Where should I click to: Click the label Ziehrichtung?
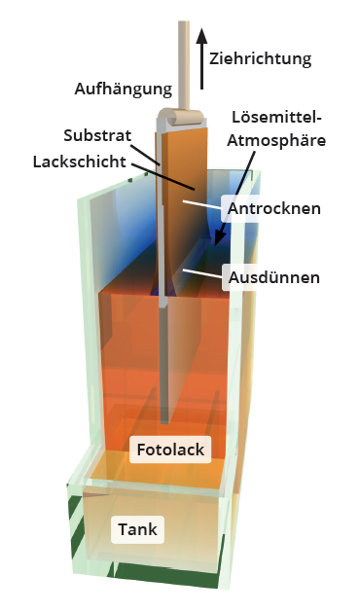260,58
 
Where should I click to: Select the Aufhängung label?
124,89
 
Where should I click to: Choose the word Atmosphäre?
277,140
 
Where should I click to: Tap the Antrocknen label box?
272,208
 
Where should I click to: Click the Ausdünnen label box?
274,277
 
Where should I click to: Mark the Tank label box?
137,530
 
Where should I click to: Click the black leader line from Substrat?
148,149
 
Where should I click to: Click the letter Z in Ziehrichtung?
215,58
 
